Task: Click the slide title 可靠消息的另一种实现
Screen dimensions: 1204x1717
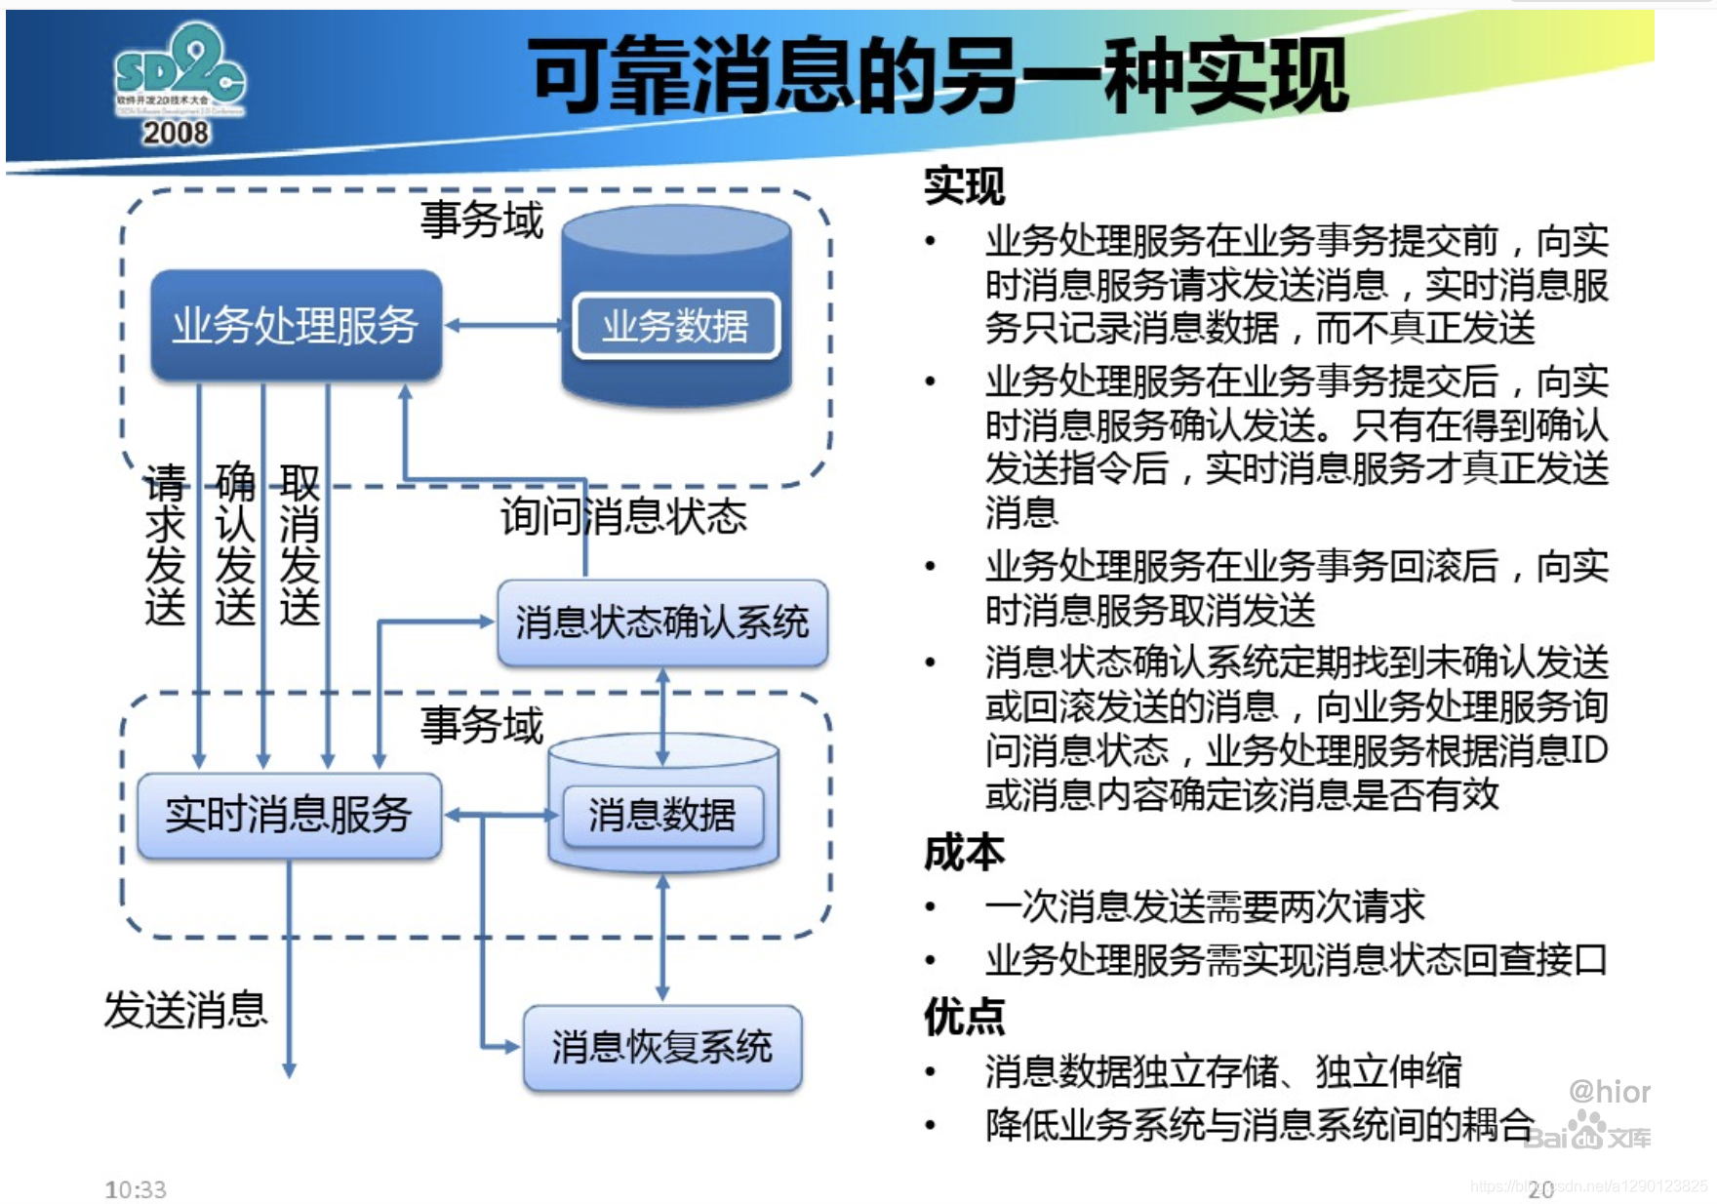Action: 938,76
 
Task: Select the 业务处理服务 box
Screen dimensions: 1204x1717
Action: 296,325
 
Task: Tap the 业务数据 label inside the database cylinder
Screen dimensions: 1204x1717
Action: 675,326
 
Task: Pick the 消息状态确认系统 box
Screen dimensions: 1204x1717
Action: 662,622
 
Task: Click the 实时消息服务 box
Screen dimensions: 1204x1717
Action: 289,816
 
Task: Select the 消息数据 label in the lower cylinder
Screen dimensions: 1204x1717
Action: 662,816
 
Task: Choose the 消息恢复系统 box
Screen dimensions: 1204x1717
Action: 662,1047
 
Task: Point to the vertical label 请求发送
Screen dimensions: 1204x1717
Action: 165,544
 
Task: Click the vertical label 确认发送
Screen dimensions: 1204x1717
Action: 235,544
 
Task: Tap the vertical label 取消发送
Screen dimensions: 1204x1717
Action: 299,544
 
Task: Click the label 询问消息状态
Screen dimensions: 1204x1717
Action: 624,516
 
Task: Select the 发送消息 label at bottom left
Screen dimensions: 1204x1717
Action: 185,1010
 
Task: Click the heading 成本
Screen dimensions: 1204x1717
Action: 964,853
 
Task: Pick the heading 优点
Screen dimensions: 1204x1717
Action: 964,1017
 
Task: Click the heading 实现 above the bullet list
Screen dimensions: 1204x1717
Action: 964,185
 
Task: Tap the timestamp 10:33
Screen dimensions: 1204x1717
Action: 136,1189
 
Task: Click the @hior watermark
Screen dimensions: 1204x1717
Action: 1610,1092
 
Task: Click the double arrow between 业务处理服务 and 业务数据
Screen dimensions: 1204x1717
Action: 504,325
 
